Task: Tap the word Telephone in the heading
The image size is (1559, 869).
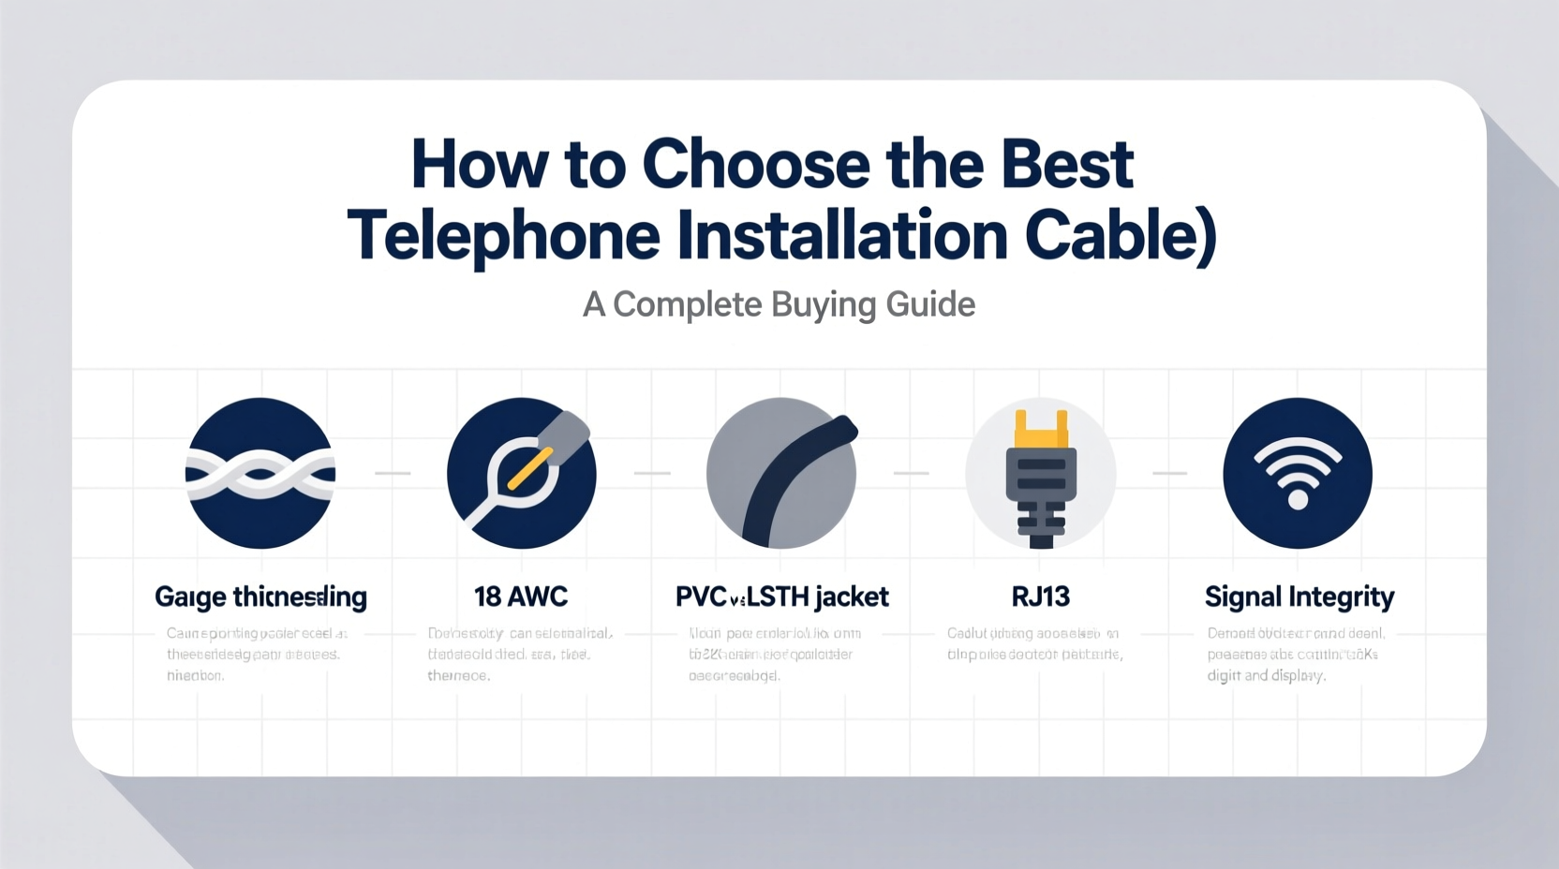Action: click(503, 236)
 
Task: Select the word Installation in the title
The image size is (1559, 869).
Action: click(841, 236)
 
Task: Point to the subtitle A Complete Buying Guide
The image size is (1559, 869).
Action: click(779, 304)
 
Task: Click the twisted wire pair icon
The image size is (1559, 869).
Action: click(260, 473)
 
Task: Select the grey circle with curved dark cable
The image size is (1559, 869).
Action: click(780, 473)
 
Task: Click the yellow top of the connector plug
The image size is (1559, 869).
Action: click(1041, 432)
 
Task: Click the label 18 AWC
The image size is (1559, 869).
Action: click(521, 597)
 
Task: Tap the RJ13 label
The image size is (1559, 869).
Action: click(1040, 597)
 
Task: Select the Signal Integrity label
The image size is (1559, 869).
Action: click(1299, 597)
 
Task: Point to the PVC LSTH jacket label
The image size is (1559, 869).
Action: click(781, 597)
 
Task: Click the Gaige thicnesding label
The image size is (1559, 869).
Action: click(260, 597)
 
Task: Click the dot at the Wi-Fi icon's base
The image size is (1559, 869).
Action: click(1298, 500)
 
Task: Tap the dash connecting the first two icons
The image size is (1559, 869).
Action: click(393, 474)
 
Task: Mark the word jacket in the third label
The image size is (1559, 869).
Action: click(852, 597)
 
